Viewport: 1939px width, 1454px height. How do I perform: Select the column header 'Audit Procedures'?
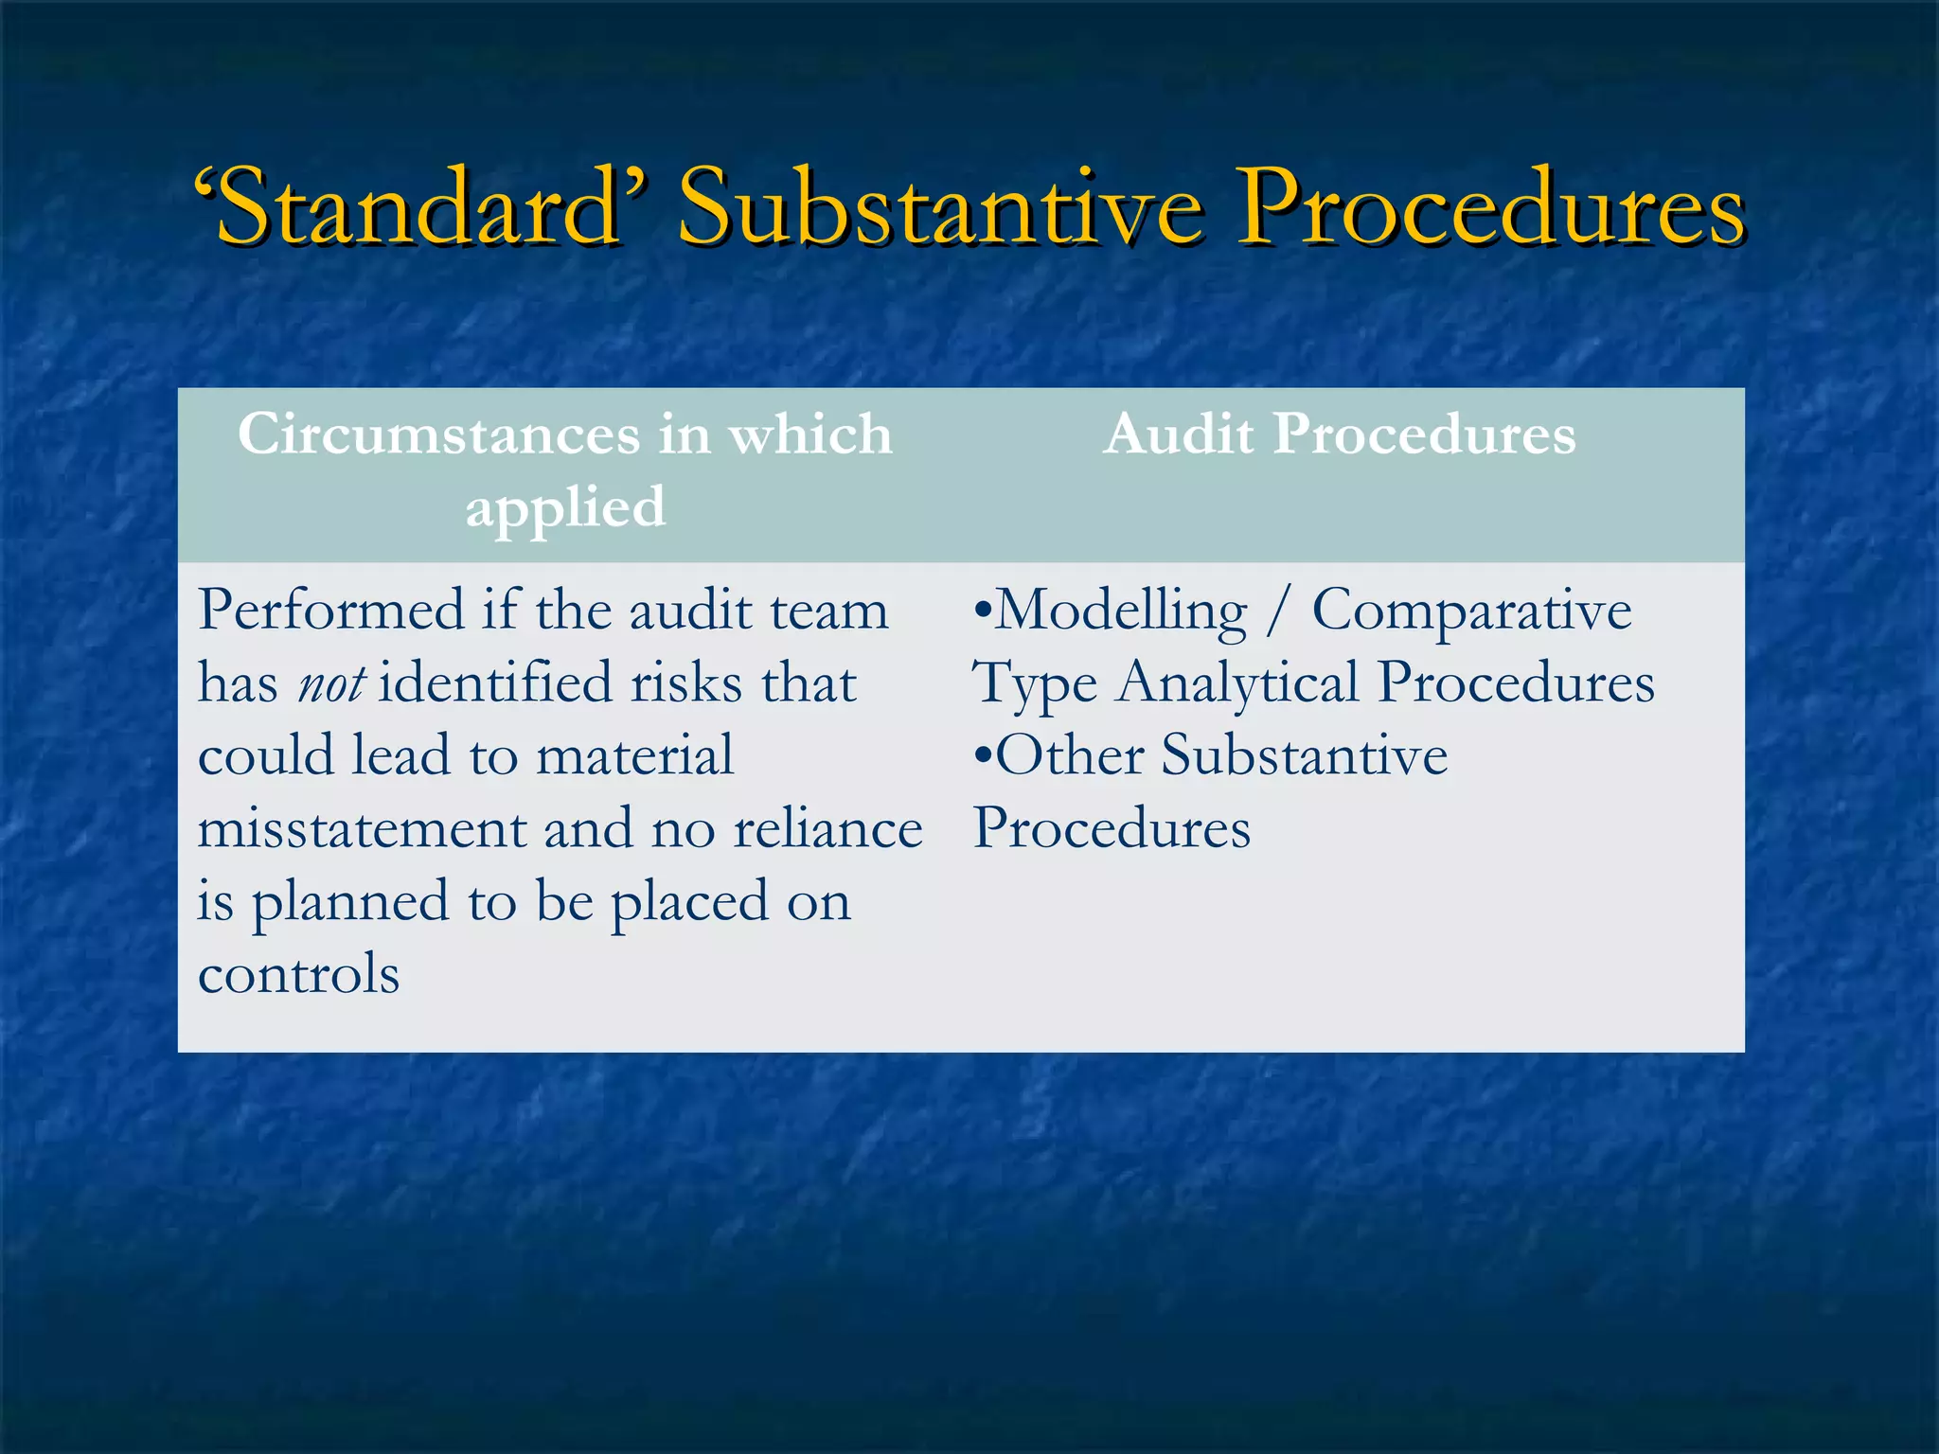point(1339,434)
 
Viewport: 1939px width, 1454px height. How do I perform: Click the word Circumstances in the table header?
point(438,434)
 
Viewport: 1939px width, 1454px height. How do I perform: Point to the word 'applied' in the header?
point(565,507)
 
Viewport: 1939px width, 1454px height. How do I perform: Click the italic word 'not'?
point(330,683)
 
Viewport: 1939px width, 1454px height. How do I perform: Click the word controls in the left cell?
point(298,974)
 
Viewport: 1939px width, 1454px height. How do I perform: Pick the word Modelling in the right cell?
point(1121,611)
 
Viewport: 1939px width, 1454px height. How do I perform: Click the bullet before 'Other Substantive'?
point(983,756)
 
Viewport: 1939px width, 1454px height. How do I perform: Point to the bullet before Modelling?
point(983,611)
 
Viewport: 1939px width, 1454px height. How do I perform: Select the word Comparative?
point(1470,611)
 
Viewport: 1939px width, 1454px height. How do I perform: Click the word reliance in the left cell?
point(827,829)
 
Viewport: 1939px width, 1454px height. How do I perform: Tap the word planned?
point(349,902)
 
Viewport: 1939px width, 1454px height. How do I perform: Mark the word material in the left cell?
point(634,756)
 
